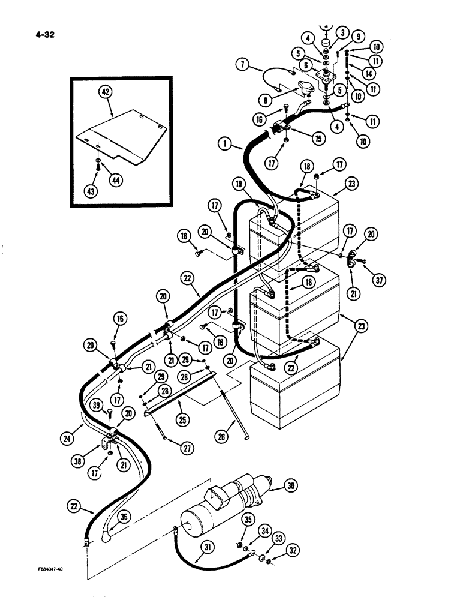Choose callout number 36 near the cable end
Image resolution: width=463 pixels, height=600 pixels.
(122, 515)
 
